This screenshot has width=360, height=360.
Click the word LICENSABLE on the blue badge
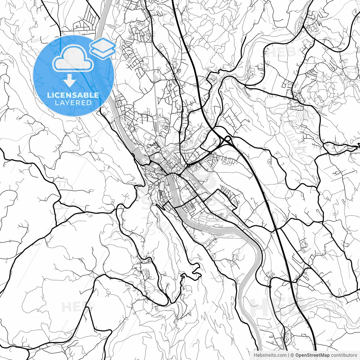coord(73,95)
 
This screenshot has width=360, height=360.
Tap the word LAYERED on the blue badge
coord(73,103)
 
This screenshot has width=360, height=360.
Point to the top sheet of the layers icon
coord(103,44)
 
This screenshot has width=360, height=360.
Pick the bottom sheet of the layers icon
coord(103,51)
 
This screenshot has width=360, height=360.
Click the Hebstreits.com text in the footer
coord(270,355)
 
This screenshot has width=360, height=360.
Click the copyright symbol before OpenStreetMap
coord(292,355)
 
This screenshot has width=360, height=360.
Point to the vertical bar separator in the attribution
coord(289,355)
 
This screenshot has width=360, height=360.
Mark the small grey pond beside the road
coord(90,216)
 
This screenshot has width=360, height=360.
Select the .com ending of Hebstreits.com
coord(281,355)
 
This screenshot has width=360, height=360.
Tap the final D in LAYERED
coord(89,103)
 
